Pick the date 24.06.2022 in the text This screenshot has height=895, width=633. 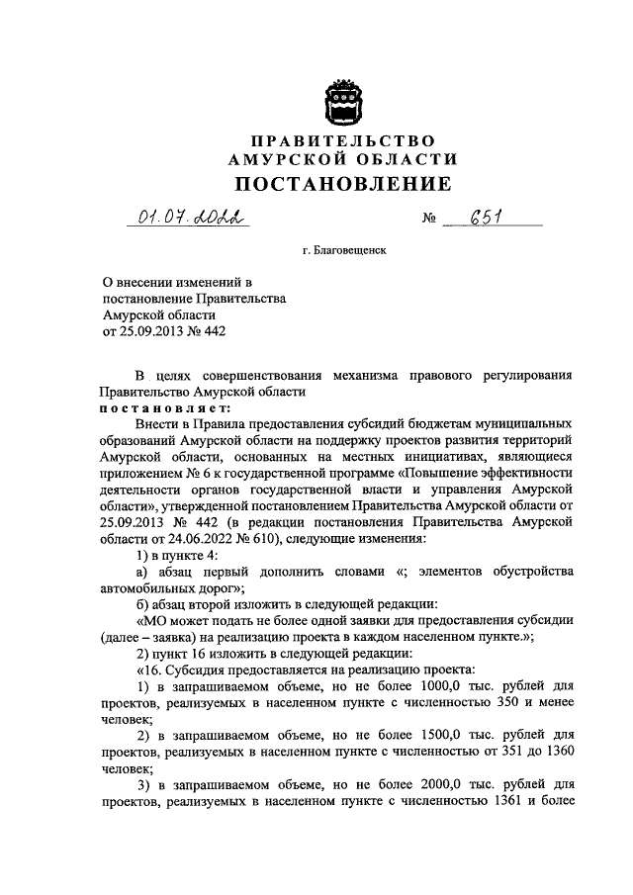(x=207, y=539)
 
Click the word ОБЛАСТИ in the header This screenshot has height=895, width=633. (x=409, y=160)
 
